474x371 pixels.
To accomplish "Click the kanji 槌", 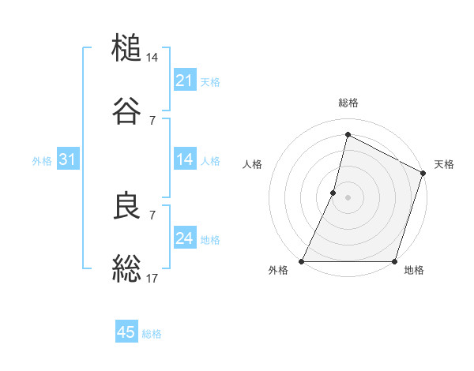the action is click(127, 48).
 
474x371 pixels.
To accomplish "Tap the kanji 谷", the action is click(127, 110).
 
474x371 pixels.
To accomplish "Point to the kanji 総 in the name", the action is click(127, 268).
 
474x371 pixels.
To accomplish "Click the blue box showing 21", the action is click(184, 81).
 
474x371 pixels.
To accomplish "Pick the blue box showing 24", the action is click(184, 238).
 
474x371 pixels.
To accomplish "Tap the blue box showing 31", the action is click(67, 159).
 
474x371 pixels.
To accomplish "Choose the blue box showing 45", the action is click(126, 332).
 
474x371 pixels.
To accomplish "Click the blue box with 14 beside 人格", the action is click(184, 159).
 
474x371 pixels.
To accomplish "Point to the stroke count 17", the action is click(152, 277).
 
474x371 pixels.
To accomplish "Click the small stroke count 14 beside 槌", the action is click(152, 58).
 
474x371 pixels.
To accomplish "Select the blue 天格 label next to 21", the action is click(210, 81).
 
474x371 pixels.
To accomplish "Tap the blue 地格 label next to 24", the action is click(210, 239).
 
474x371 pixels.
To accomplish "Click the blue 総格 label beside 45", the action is click(152, 333).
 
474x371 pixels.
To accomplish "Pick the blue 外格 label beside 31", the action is click(42, 160).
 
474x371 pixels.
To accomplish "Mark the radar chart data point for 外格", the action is click(302, 261).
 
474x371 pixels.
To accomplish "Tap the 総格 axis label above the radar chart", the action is click(348, 103).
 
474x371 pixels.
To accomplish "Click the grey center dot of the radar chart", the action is click(348, 197).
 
